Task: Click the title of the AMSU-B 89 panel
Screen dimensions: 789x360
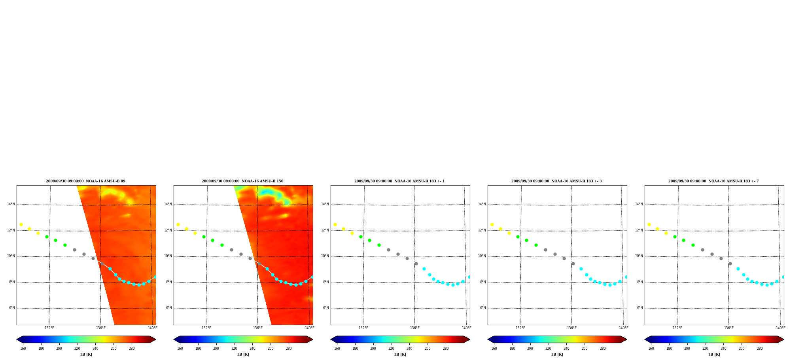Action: pos(85,181)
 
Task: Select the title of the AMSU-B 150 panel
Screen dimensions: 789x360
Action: pos(242,181)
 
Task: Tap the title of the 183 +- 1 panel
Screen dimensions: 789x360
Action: pos(399,181)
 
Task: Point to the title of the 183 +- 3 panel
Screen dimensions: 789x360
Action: pos(556,181)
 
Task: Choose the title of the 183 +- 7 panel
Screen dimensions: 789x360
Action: pos(713,181)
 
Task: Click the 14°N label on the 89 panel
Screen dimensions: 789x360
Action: pos(11,205)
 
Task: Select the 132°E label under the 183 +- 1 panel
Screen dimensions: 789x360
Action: pos(363,328)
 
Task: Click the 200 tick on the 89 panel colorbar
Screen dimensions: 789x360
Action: pos(59,349)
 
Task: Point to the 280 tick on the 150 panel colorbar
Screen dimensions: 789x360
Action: pos(289,349)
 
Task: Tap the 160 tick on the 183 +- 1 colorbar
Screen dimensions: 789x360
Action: pos(337,349)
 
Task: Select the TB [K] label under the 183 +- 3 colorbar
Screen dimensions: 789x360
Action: pos(557,354)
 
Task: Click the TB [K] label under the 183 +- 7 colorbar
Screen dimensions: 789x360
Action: pos(714,354)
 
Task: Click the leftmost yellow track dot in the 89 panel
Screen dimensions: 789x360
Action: pos(21,225)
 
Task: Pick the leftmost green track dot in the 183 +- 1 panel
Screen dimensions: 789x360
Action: pos(361,237)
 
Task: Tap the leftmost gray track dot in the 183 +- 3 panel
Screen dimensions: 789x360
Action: pos(545,250)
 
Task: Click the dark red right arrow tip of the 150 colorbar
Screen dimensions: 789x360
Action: pos(312,339)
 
